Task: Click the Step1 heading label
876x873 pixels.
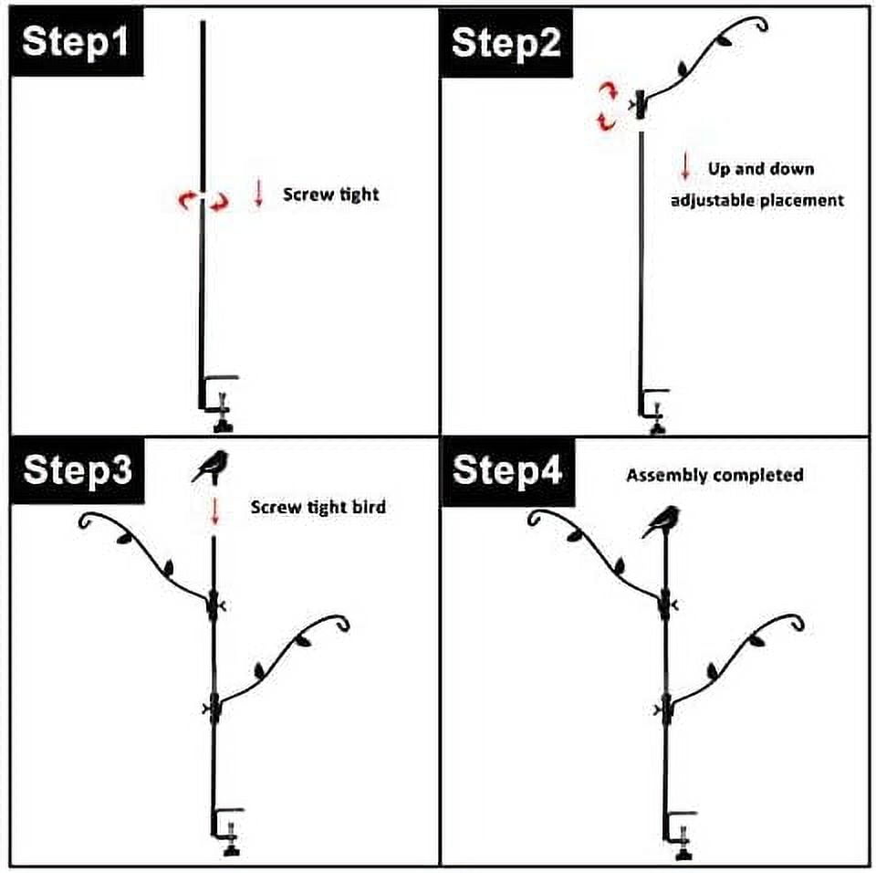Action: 76,42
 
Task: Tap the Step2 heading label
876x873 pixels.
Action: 506,43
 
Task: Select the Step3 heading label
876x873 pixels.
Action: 78,469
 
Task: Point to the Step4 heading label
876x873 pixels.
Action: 507,470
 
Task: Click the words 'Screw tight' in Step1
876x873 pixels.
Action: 330,195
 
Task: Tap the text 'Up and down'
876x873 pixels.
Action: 761,169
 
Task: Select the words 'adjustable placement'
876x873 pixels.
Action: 757,200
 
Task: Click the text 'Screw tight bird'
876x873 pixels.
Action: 318,507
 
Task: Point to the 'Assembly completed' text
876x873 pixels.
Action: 714,476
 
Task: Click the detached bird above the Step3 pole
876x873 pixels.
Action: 211,467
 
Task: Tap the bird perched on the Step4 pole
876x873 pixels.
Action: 662,521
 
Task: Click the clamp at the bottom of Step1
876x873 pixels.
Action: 219,404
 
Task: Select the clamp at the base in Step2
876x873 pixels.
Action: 653,411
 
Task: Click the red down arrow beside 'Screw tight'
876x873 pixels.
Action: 258,194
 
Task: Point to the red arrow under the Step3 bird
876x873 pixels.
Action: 214,511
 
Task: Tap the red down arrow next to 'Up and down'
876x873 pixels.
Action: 685,167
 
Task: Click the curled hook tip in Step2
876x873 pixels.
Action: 760,24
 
